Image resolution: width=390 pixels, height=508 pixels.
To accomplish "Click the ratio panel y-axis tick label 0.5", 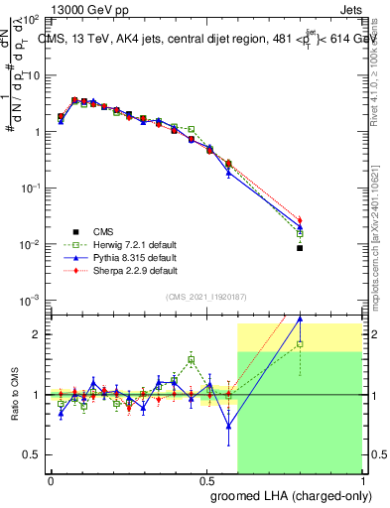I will tap(32, 454).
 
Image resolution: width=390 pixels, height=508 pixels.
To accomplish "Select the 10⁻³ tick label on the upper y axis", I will tap(33, 300).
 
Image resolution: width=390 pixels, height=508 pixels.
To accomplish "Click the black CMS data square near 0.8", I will tap(300, 248).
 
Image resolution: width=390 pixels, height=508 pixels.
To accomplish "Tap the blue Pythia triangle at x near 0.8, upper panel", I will tap(300, 227).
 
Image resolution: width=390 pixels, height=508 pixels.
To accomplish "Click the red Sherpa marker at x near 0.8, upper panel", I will tap(300, 220).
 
